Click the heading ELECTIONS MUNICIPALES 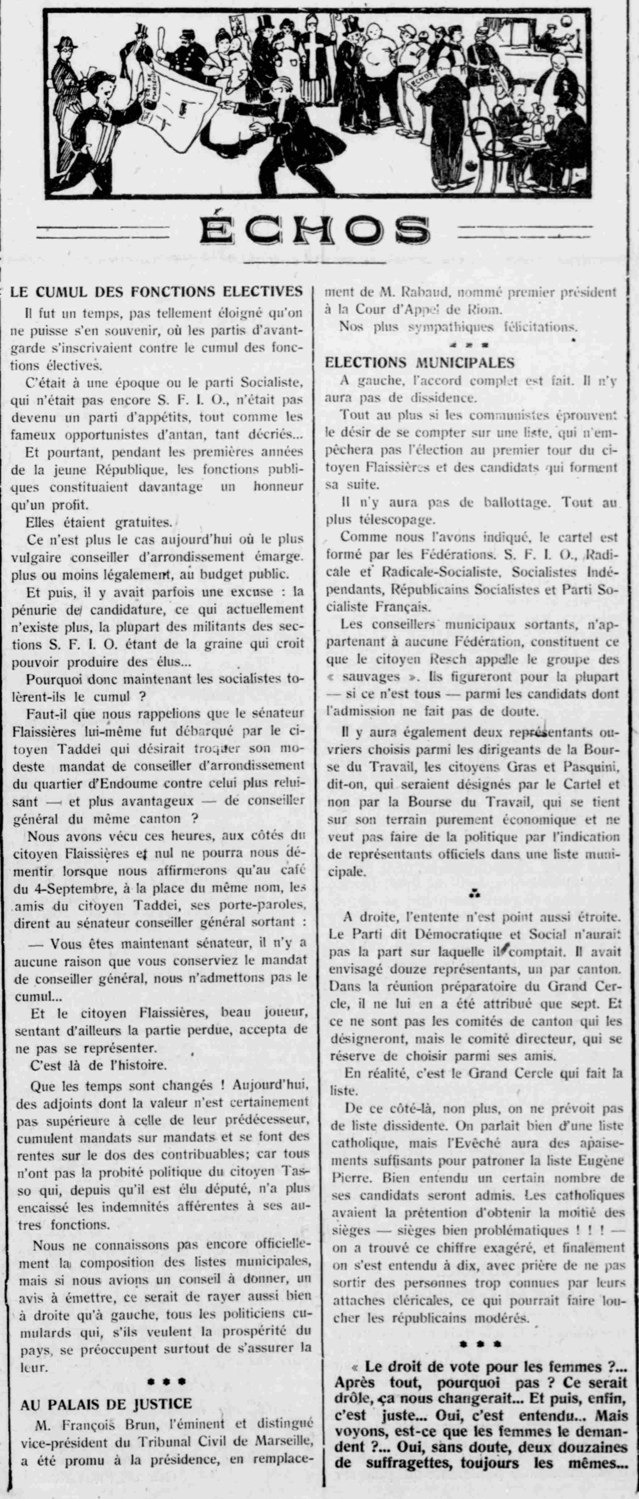click(420, 362)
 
